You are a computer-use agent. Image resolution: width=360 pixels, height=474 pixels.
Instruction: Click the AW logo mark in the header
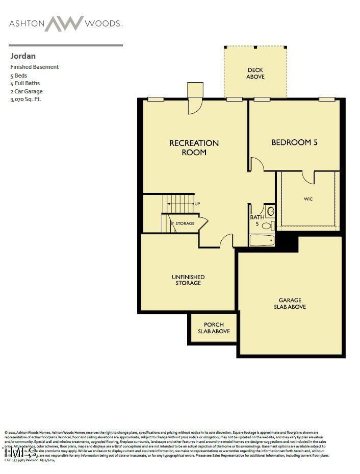point(64,23)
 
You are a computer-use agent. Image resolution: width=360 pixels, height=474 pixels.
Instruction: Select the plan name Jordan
point(22,56)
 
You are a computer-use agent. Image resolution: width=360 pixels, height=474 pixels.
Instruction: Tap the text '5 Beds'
point(19,76)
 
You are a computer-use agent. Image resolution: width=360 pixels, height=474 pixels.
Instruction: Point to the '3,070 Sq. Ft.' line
point(25,99)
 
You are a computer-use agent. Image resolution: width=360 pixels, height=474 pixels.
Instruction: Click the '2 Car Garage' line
point(27,91)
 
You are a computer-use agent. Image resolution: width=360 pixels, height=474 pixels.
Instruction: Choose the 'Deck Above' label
point(255,73)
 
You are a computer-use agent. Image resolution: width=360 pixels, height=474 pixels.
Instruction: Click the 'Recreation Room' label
point(194,147)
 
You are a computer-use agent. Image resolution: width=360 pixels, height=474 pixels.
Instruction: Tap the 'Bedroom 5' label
point(294,142)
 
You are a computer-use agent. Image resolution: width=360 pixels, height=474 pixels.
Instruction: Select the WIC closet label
point(308,199)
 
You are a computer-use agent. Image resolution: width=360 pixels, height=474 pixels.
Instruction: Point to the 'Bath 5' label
point(256,220)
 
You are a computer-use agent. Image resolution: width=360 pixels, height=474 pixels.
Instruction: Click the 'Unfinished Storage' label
point(188,280)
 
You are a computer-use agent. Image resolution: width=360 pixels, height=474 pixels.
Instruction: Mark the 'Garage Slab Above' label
point(290,303)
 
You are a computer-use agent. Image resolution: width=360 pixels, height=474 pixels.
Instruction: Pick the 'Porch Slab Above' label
point(214,328)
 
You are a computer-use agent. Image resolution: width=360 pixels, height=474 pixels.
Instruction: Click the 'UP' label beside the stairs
point(197,204)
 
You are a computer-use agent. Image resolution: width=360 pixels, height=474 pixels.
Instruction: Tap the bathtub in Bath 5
point(262,240)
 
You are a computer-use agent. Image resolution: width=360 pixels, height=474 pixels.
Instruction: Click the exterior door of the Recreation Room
point(195,106)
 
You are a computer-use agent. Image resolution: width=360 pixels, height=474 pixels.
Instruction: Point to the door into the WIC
point(308,177)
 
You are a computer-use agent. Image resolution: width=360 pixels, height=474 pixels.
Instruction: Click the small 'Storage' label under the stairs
point(185,223)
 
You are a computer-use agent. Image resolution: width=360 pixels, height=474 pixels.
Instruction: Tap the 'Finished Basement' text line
point(35,67)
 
